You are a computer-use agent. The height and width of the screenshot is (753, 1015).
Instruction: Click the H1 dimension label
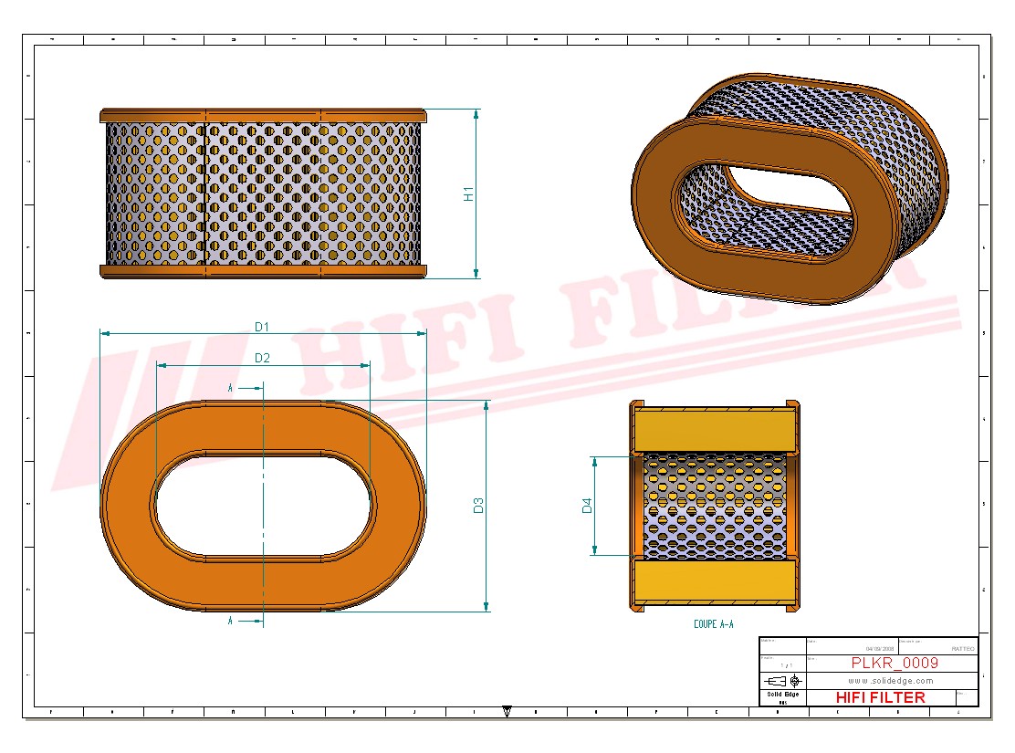pyautogui.click(x=468, y=193)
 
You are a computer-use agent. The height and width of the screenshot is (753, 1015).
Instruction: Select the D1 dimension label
pyautogui.click(x=262, y=326)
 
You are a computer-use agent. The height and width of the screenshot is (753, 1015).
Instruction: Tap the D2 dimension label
pyautogui.click(x=262, y=358)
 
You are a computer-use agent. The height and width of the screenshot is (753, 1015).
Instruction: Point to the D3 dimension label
pyautogui.click(x=478, y=505)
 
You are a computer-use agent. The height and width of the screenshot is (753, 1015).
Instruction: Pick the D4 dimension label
pyautogui.click(x=587, y=505)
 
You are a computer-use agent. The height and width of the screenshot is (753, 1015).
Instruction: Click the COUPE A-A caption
pyautogui.click(x=713, y=624)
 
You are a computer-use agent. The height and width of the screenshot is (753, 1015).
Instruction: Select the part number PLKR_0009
pyautogui.click(x=894, y=663)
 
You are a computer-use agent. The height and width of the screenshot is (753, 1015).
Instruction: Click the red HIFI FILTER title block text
pyautogui.click(x=880, y=697)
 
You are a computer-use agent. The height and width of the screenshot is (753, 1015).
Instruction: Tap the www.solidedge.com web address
pyautogui.click(x=890, y=681)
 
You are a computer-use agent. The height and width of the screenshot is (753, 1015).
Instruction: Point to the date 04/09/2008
pyautogui.click(x=880, y=649)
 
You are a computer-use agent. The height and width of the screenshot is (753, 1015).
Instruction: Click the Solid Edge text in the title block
pyautogui.click(x=782, y=695)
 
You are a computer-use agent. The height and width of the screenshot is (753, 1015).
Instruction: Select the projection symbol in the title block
pyautogui.click(x=782, y=681)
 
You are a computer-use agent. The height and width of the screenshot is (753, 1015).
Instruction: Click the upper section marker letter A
pyautogui.click(x=230, y=388)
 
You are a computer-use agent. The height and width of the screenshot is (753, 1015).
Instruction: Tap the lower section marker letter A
pyautogui.click(x=230, y=621)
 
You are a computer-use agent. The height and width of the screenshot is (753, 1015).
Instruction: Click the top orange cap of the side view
pyautogui.click(x=263, y=116)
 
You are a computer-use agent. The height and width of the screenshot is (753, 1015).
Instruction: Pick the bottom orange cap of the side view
pyautogui.click(x=263, y=271)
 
